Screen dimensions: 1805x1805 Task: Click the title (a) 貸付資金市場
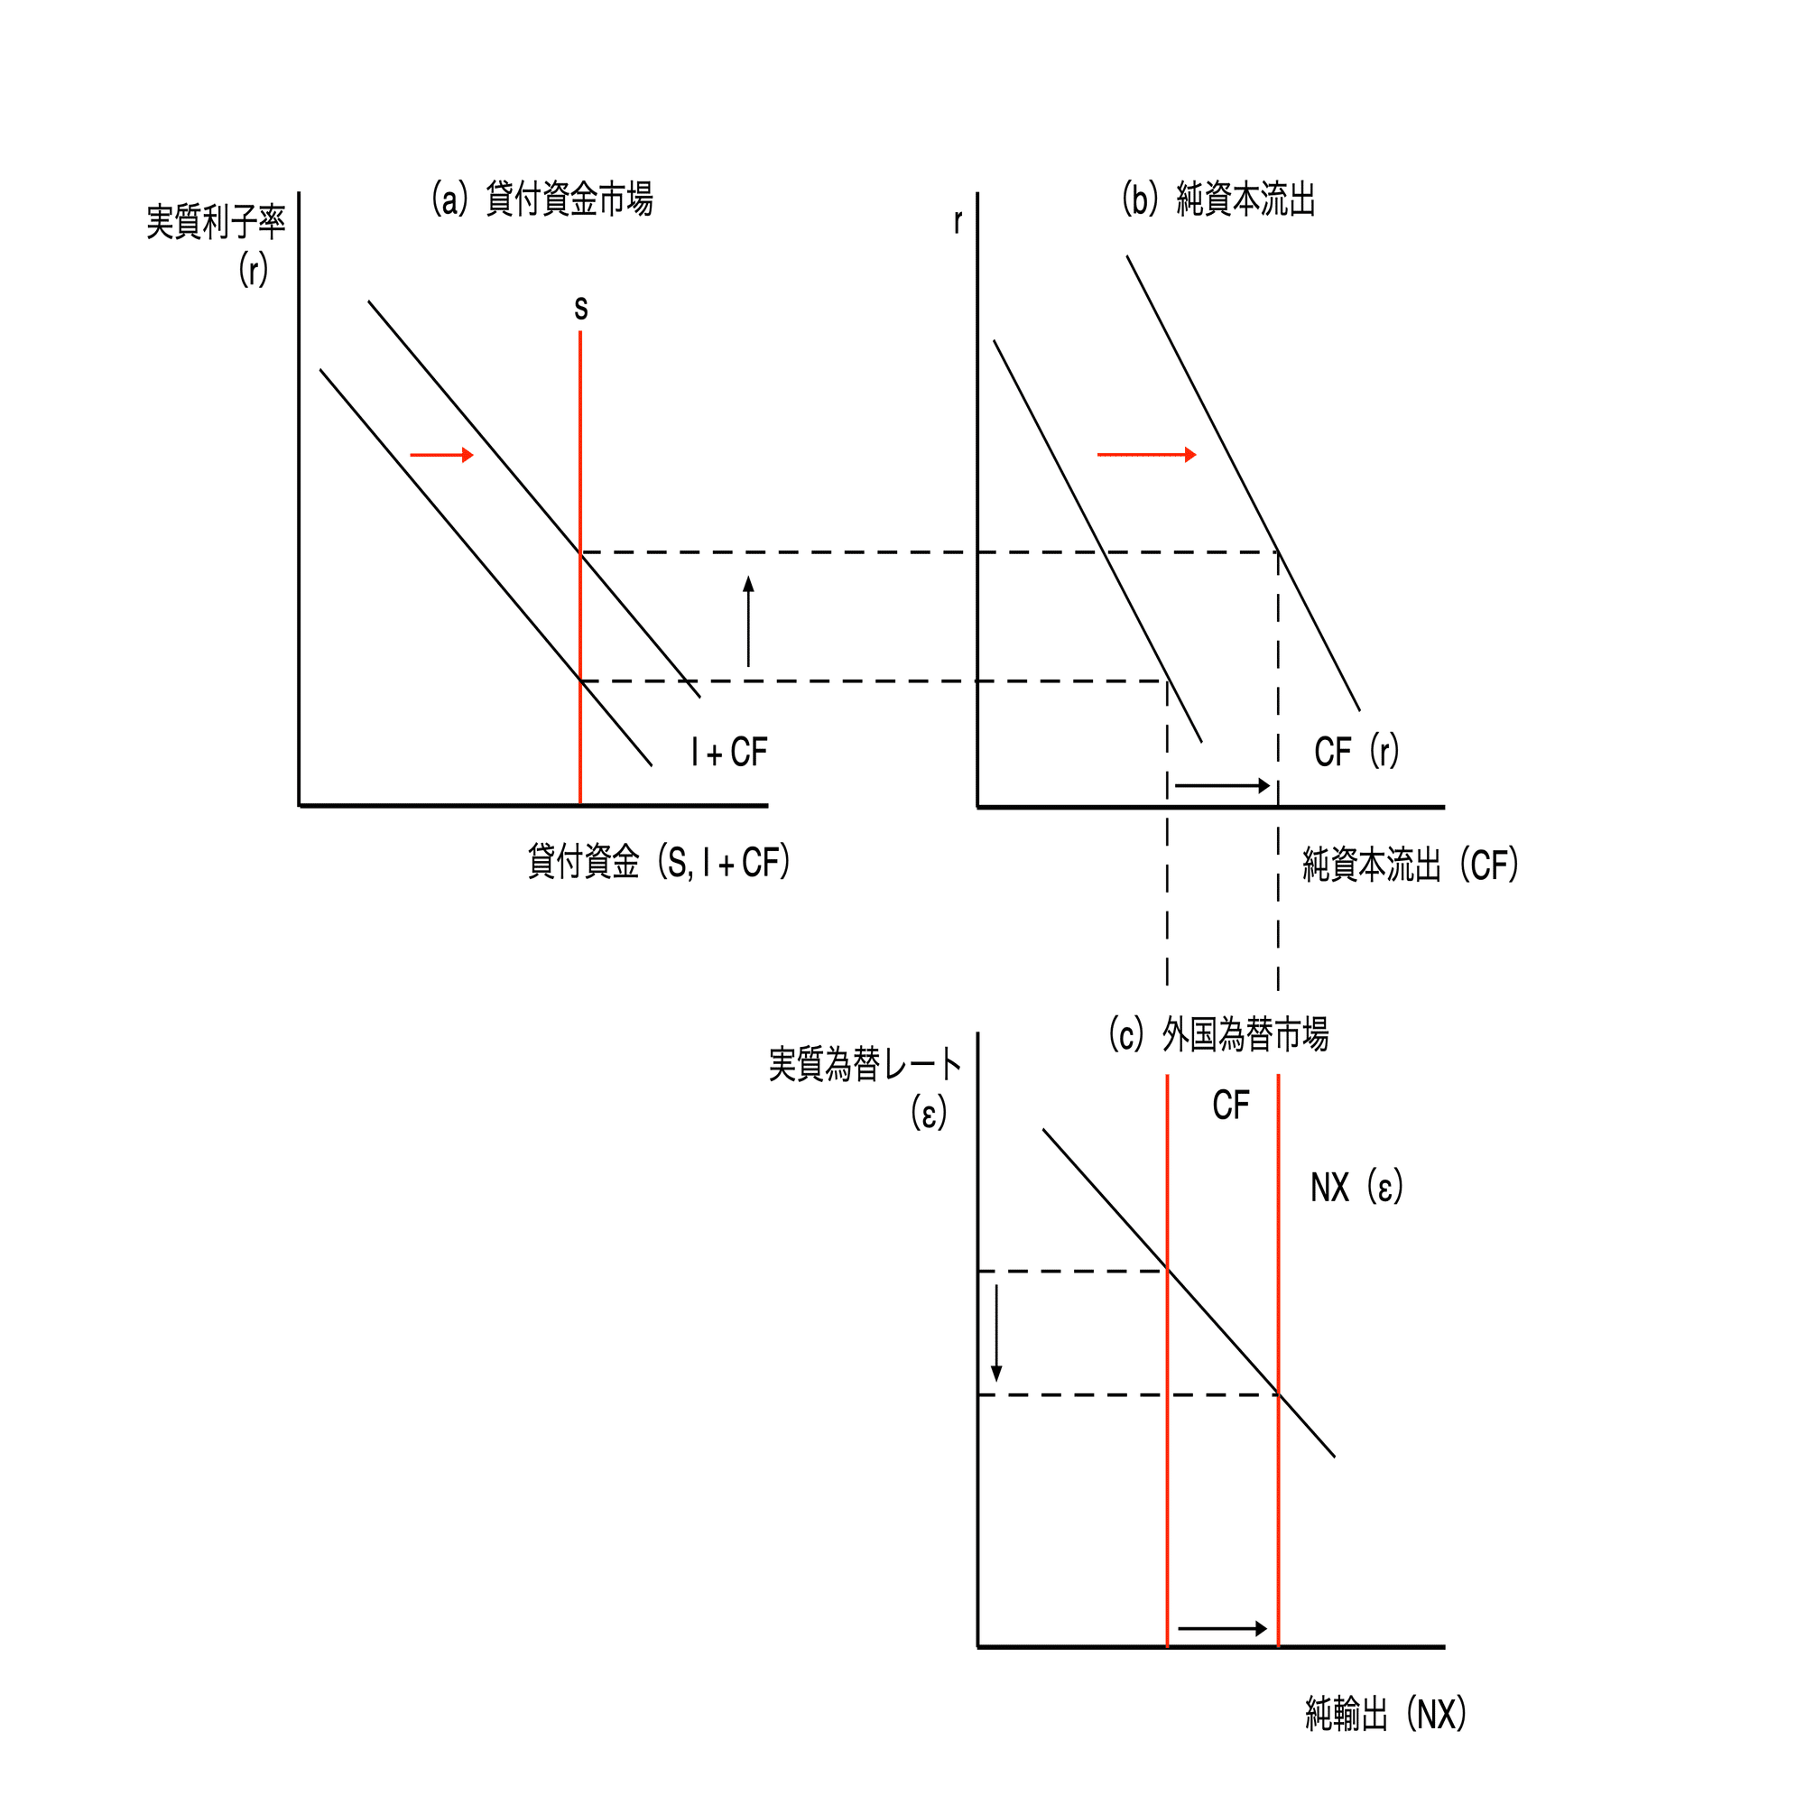[x=541, y=199]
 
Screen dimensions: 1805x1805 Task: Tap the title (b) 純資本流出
[x=1218, y=199]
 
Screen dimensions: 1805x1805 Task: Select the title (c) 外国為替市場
[x=1218, y=1034]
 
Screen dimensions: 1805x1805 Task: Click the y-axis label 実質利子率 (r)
[x=216, y=245]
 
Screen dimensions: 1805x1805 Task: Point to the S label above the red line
[x=581, y=309]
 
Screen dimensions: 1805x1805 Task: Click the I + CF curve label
[x=729, y=752]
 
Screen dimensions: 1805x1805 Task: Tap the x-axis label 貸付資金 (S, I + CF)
[x=659, y=861]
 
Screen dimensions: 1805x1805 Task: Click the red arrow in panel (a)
[x=442, y=455]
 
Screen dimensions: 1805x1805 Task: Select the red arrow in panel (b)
[x=1146, y=455]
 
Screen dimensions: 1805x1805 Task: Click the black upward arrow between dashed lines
[x=748, y=621]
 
